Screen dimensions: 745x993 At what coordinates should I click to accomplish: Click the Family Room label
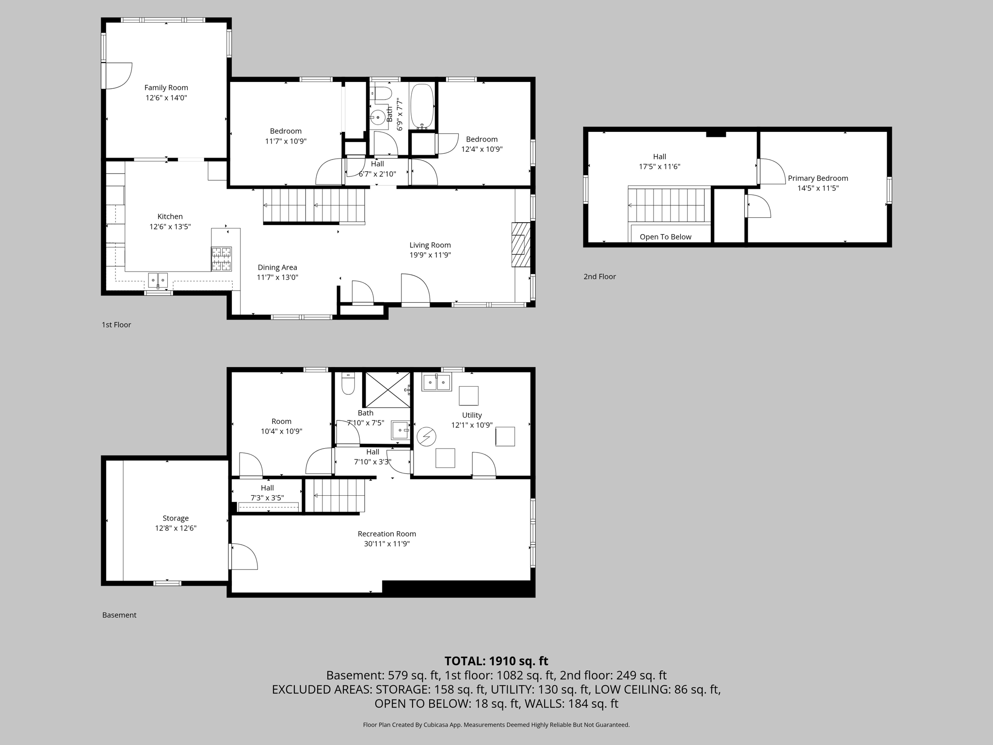(x=166, y=88)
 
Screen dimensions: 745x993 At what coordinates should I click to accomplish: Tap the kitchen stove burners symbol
(x=221, y=259)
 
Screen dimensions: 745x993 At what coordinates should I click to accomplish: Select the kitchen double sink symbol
(x=158, y=280)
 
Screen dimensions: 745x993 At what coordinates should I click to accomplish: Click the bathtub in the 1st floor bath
(x=422, y=106)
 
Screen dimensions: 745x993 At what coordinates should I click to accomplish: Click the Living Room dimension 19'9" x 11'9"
(x=430, y=255)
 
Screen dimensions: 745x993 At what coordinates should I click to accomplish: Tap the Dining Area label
(x=277, y=267)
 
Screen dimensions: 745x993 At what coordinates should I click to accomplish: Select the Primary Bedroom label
(x=817, y=178)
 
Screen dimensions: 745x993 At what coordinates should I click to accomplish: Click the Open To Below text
(x=665, y=237)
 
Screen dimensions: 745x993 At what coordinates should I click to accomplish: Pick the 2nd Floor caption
(x=599, y=276)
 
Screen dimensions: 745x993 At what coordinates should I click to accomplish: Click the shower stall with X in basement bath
(x=387, y=389)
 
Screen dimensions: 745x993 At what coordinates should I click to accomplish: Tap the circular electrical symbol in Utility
(x=427, y=437)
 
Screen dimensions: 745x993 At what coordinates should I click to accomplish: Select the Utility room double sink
(x=437, y=382)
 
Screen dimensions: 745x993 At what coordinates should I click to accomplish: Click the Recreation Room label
(x=386, y=534)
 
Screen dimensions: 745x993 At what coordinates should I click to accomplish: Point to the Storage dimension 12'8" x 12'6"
(x=176, y=528)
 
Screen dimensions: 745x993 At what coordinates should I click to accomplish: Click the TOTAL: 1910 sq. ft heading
(x=496, y=661)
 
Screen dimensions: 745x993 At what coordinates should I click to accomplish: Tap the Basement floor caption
(x=119, y=615)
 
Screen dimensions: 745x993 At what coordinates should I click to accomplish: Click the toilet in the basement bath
(x=348, y=384)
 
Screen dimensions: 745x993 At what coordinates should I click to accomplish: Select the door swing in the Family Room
(x=118, y=76)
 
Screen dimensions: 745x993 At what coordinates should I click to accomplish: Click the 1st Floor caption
(x=116, y=324)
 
